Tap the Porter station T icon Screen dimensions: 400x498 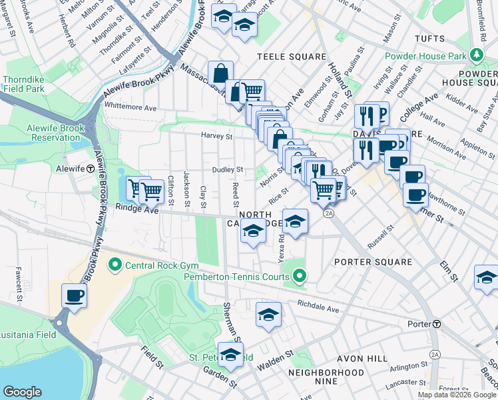point(437,324)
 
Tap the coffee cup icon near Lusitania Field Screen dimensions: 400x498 point(74,295)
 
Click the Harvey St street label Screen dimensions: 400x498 point(217,137)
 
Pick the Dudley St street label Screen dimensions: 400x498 point(228,170)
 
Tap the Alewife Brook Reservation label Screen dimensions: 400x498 point(55,133)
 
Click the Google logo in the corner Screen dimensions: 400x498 point(22,392)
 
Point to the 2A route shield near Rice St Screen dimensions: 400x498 point(328,213)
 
